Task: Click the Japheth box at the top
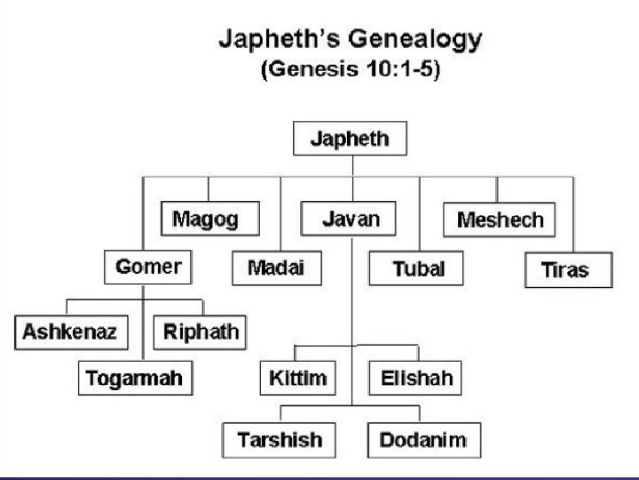[352, 140]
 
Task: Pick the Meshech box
[499, 219]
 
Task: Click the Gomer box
[148, 266]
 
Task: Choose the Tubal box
[418, 269]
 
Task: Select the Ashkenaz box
[71, 332]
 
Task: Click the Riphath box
[201, 332]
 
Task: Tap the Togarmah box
[134, 378]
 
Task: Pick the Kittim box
[297, 378]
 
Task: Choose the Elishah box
[415, 378]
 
